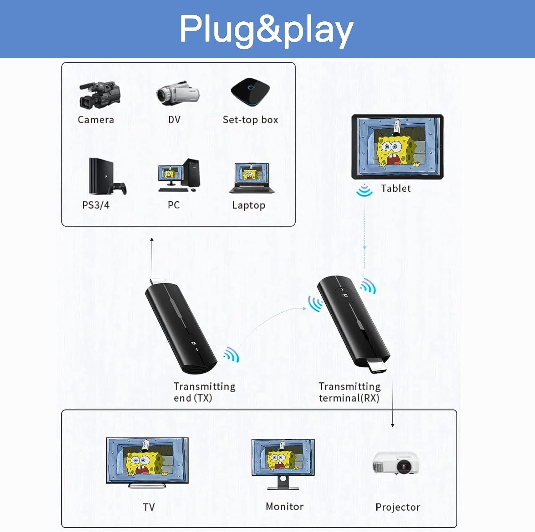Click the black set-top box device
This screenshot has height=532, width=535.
point(250,92)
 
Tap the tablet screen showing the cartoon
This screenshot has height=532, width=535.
point(397,146)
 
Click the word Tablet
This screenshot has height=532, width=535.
point(396,188)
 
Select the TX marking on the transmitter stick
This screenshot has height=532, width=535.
point(193,343)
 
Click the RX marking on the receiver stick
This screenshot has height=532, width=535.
point(345,295)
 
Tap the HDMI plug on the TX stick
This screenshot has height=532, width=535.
point(157,281)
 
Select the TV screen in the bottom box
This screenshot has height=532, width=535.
point(147,460)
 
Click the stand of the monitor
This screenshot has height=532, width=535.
point(282,483)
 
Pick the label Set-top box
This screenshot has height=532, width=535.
point(250,120)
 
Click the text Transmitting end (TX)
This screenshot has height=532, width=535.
point(204,392)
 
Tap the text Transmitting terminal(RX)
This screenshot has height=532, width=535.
point(349,392)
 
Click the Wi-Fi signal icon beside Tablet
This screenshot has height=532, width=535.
point(364,190)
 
